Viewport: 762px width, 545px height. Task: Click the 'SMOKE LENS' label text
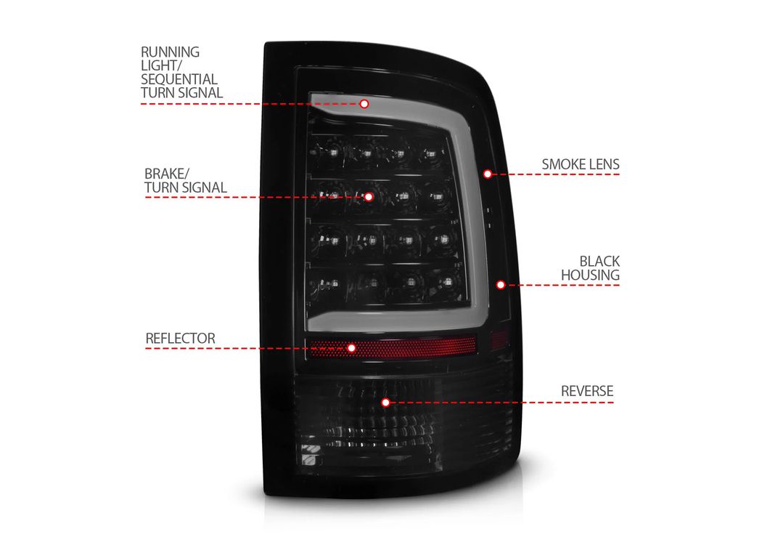581,164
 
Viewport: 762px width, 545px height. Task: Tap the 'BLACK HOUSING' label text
590,268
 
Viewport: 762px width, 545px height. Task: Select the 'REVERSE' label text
587,391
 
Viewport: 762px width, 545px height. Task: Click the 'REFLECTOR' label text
180,338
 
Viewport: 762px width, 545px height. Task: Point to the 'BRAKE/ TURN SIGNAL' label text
185,180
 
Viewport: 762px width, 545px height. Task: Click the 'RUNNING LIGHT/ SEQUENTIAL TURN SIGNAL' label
181,72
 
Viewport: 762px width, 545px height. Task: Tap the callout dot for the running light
364,104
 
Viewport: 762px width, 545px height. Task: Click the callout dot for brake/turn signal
369,197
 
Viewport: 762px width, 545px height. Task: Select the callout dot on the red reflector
351,348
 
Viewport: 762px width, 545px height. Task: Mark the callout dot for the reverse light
385,403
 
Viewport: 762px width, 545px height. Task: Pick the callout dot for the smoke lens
488,174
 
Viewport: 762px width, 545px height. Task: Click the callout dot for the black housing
501,285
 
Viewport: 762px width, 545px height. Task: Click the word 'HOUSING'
590,275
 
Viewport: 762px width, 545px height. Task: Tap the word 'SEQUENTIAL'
179,78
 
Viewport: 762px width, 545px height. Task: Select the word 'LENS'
604,164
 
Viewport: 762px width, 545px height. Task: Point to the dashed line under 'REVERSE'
501,403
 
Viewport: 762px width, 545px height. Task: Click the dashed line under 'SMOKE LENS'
555,174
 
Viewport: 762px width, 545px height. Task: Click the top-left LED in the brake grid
333,153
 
